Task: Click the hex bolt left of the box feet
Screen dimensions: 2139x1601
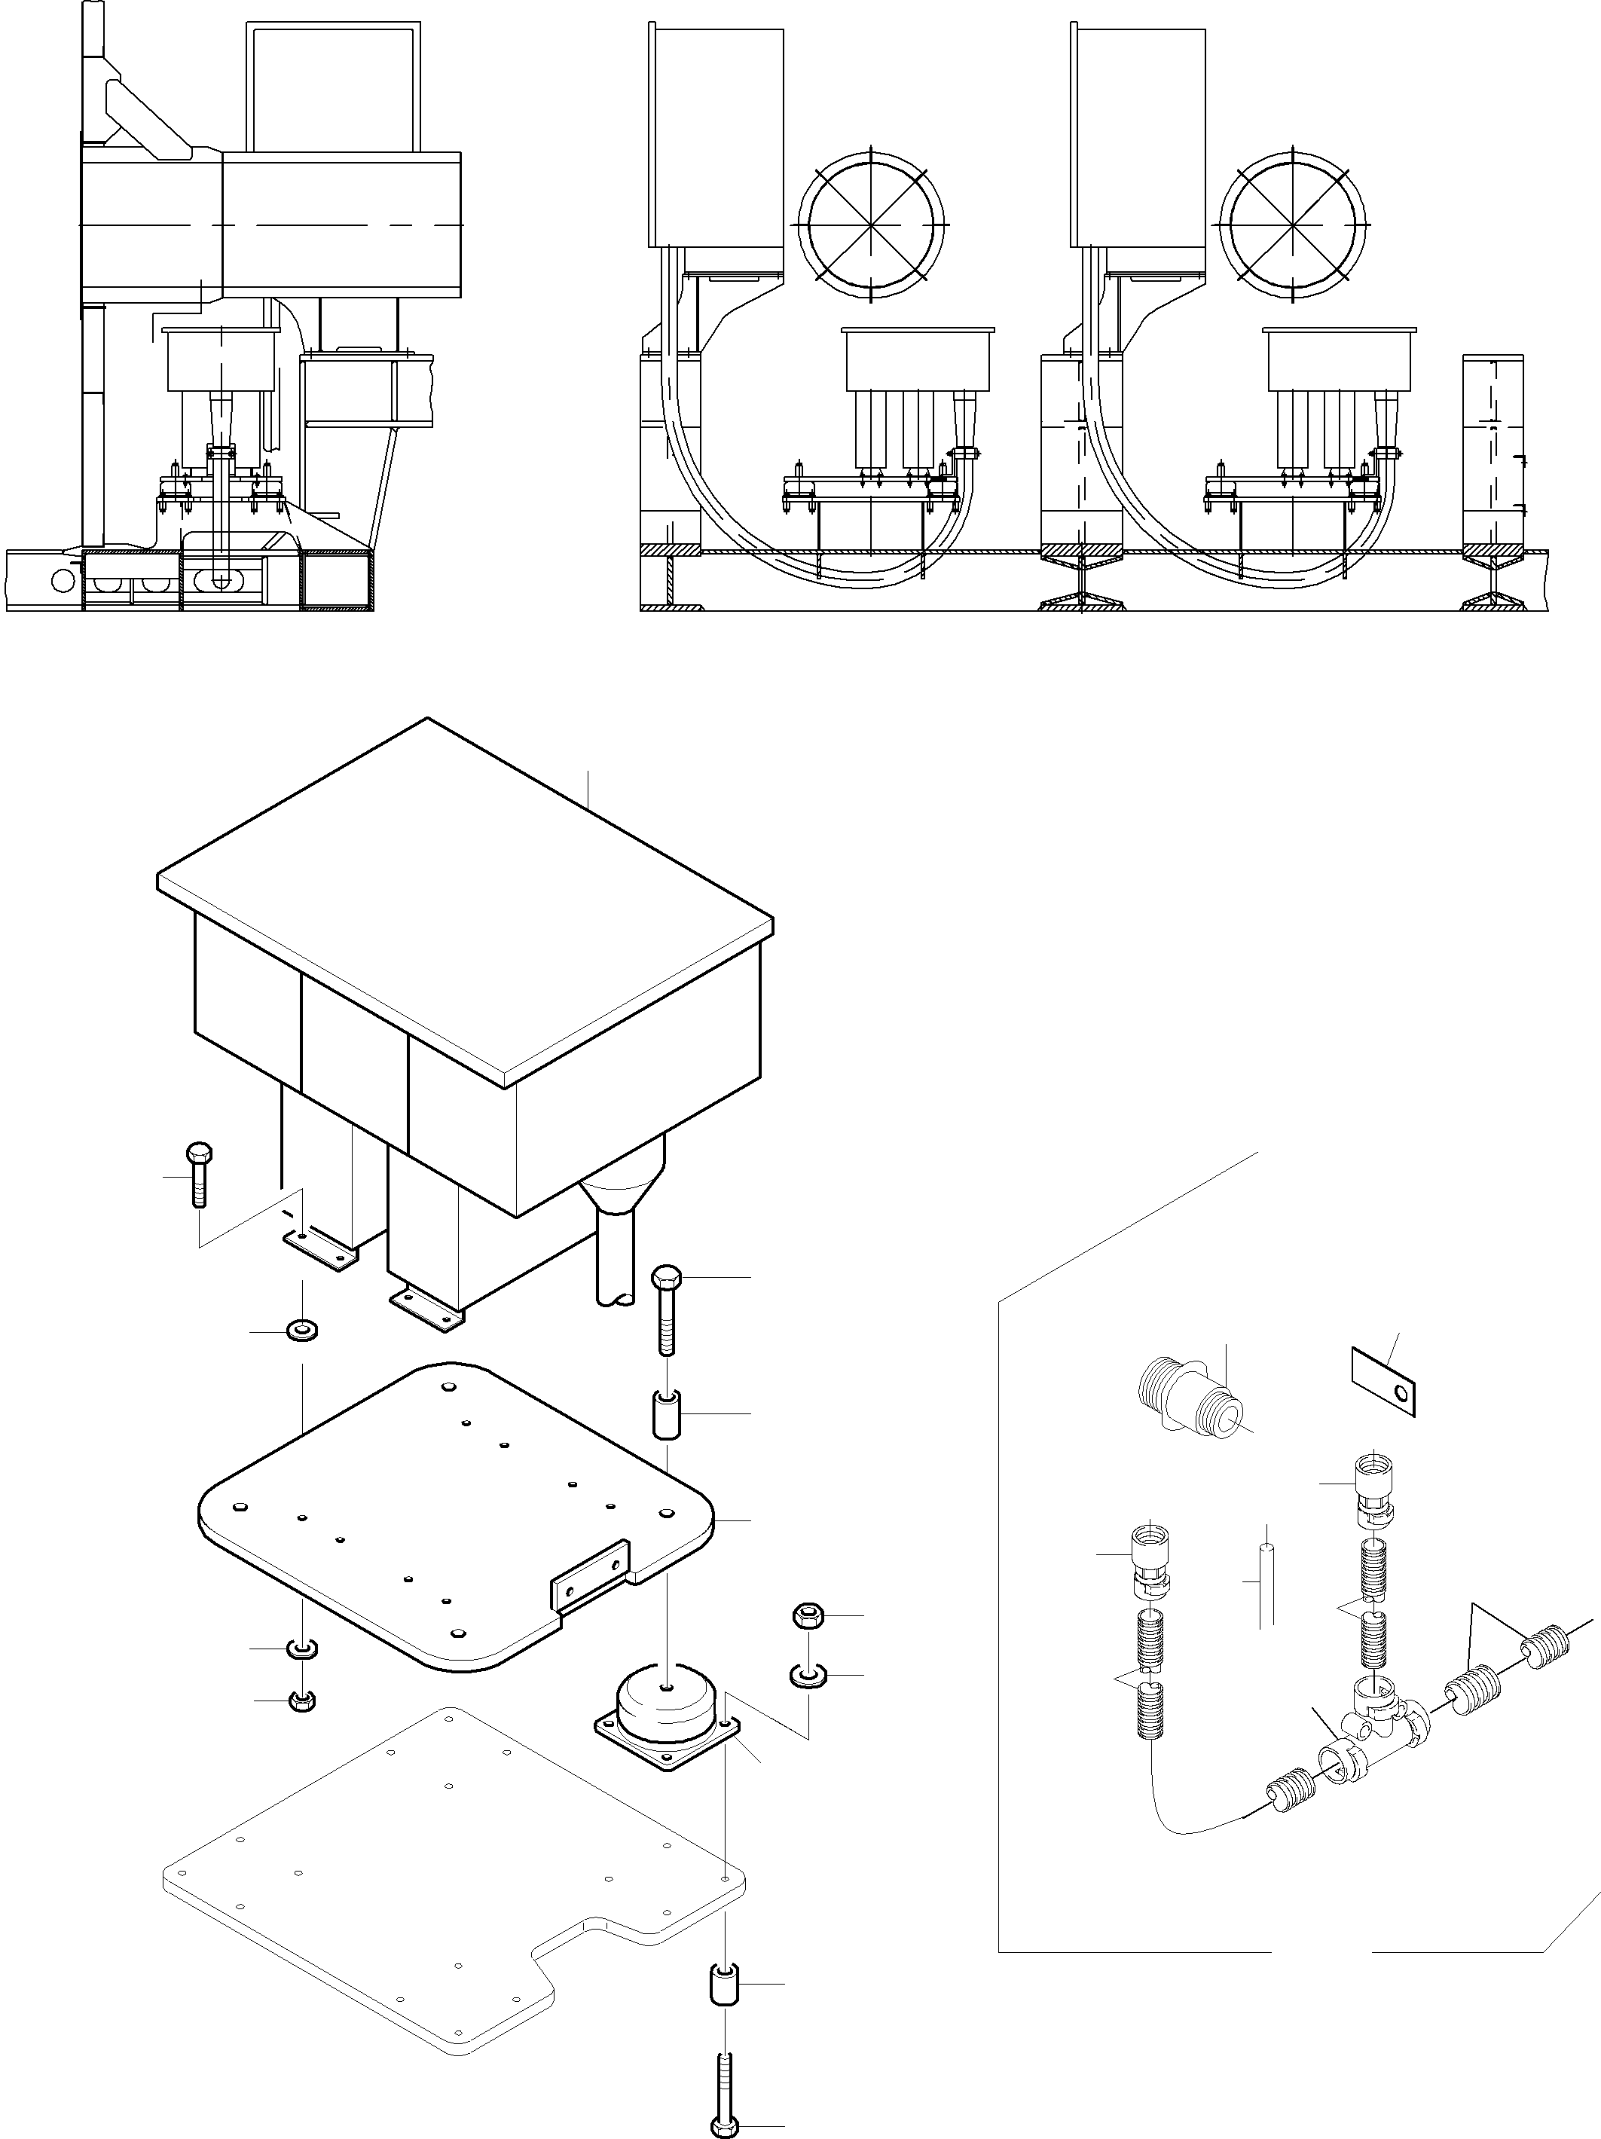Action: pos(198,1174)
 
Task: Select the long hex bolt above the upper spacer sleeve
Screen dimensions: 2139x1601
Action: pos(666,1309)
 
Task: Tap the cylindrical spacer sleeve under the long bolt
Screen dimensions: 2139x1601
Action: pos(667,1415)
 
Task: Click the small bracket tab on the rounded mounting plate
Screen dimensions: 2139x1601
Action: pos(588,1584)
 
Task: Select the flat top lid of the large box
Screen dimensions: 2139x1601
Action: pos(464,894)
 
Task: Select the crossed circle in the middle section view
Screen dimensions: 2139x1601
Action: pos(871,223)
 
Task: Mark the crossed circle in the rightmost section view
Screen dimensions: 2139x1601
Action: pos(1293,223)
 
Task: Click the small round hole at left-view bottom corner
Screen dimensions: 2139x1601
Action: pos(64,580)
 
